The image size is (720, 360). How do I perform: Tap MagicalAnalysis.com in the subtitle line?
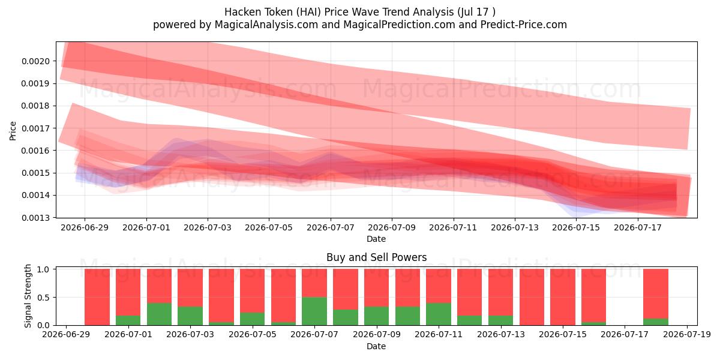(266, 25)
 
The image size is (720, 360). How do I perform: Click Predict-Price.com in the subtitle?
(524, 25)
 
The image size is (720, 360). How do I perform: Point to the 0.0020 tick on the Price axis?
(35, 61)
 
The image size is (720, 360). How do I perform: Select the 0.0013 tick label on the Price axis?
(35, 218)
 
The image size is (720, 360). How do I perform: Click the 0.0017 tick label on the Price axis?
(35, 128)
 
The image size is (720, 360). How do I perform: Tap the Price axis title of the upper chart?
(13, 131)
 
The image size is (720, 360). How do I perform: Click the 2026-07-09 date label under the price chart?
(392, 227)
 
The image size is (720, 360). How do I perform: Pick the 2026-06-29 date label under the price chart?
(85, 227)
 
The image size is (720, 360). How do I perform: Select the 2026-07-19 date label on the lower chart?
(687, 335)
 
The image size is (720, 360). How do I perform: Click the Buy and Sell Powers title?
(376, 257)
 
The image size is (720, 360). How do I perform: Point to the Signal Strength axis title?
(28, 296)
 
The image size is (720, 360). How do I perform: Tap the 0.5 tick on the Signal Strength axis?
(43, 298)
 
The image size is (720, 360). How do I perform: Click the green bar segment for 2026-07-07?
(314, 311)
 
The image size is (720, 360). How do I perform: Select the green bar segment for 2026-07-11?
(439, 314)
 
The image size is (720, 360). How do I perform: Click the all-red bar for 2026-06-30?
(97, 297)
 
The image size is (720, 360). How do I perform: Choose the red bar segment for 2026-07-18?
(656, 294)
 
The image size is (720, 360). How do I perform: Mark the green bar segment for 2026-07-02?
(160, 314)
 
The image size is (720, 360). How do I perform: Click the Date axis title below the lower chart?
(376, 346)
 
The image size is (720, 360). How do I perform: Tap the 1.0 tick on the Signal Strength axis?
(43, 269)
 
